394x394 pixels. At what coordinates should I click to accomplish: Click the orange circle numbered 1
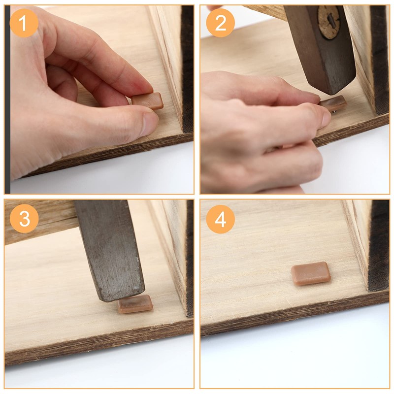[x=24, y=23]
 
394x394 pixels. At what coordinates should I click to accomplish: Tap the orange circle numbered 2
[x=220, y=23]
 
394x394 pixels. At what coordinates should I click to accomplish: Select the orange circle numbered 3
[x=24, y=218]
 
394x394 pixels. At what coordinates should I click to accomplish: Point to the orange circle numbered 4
[x=220, y=219]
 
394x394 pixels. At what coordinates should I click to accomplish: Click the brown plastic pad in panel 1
[x=148, y=101]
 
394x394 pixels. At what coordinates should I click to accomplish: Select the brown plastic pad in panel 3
[x=135, y=304]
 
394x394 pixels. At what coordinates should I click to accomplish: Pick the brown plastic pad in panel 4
[x=311, y=273]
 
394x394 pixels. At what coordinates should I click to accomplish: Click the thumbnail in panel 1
[x=150, y=123]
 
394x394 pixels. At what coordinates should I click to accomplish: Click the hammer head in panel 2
[x=320, y=48]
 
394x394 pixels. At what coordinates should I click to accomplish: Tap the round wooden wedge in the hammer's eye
[x=328, y=22]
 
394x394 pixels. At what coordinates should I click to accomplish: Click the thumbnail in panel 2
[x=326, y=119]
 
